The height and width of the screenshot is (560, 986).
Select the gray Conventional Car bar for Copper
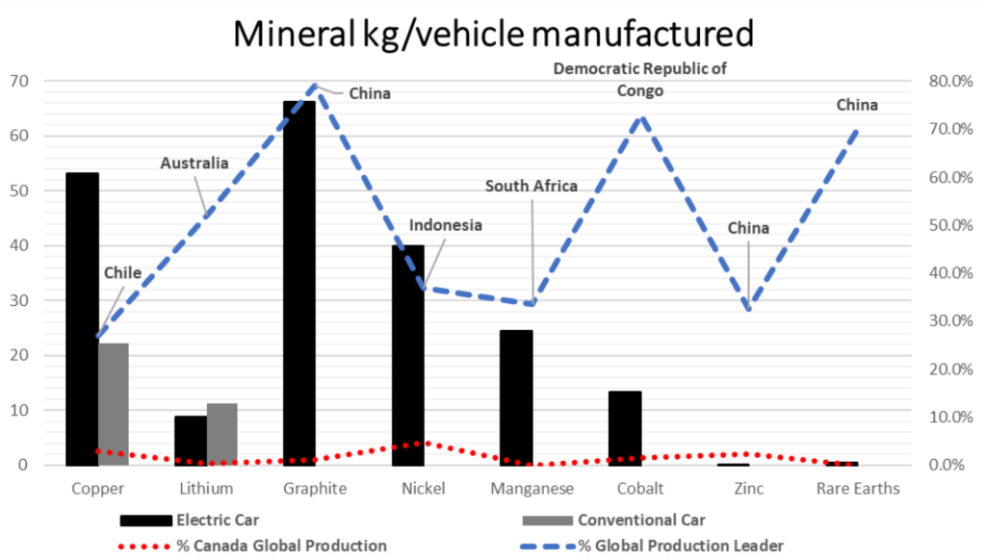(x=114, y=404)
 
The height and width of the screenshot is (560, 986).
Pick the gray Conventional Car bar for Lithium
(x=221, y=434)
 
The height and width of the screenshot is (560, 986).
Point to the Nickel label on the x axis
(x=424, y=489)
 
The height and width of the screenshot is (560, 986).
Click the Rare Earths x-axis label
(x=857, y=489)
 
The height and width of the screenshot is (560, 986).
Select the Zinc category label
(x=748, y=489)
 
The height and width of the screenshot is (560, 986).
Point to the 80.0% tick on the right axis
(x=947, y=81)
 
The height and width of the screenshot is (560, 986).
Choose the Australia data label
(x=194, y=163)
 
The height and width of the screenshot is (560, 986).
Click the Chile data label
(x=122, y=273)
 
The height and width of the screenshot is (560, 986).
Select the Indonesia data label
(x=445, y=226)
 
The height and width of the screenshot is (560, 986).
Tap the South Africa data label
(x=531, y=186)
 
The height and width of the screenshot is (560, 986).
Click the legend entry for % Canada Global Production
(x=280, y=546)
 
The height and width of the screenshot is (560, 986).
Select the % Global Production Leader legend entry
(x=680, y=546)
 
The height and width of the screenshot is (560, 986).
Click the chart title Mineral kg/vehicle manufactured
(x=493, y=34)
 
